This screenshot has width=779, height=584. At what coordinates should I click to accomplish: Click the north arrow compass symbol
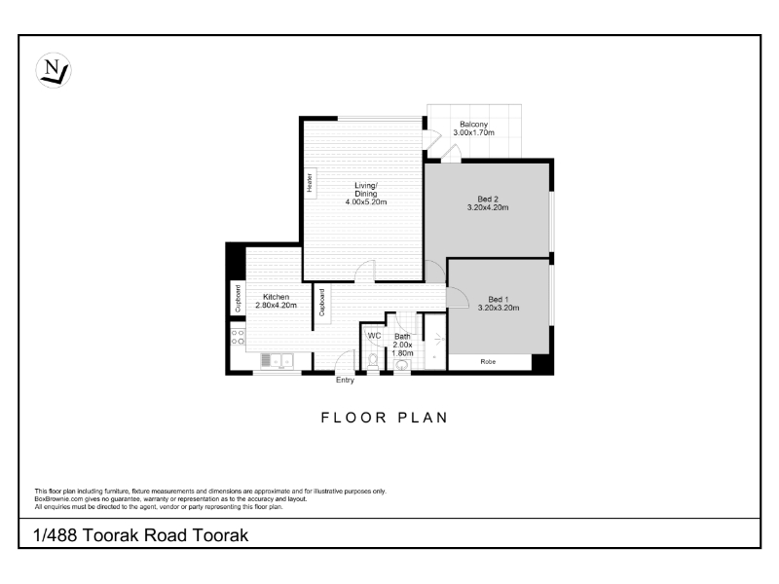coord(54,70)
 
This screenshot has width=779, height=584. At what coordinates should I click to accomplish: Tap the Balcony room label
coord(473,125)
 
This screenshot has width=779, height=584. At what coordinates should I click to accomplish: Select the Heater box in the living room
coord(310,183)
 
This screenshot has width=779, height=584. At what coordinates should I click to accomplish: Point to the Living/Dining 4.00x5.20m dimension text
coord(366,202)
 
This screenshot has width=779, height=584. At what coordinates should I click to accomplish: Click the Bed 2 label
coord(488,200)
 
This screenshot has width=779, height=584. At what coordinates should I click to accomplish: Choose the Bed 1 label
coord(499,300)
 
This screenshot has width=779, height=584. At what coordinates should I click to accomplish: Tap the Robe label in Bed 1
coord(488,361)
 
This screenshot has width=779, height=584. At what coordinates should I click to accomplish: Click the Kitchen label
coord(276,297)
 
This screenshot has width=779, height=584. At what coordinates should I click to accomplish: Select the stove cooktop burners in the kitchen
coord(238,337)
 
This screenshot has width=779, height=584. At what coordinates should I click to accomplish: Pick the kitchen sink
coord(278,361)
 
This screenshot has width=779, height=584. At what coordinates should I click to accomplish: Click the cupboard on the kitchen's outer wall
coord(238,298)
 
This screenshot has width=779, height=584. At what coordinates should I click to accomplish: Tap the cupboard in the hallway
coord(322,304)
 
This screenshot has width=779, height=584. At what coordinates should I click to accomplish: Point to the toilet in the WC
coord(373,361)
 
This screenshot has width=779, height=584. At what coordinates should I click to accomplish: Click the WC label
coord(374,336)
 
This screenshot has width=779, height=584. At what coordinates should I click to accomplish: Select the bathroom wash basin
coord(401,366)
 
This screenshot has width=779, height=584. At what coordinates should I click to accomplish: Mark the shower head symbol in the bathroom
coord(439,340)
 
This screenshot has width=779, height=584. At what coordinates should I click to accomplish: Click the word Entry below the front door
coord(345,380)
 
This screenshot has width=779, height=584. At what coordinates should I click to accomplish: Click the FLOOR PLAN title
coord(385,418)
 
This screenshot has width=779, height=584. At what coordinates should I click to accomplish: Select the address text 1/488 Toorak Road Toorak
coord(140,535)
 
